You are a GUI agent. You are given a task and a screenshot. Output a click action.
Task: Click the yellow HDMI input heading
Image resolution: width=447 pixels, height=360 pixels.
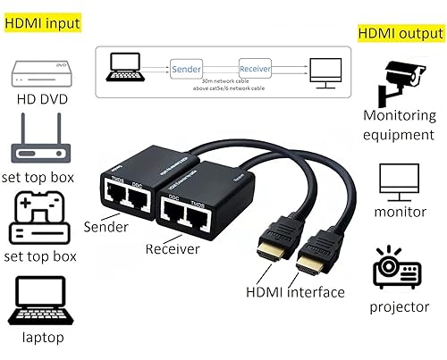(x=41, y=22)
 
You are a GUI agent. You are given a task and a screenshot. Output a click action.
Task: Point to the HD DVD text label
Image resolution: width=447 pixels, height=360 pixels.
(x=39, y=98)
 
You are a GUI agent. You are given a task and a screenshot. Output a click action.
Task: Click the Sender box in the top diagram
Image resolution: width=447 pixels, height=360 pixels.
(x=185, y=68)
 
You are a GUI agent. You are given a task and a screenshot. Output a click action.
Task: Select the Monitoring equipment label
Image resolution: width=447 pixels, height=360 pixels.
(x=399, y=124)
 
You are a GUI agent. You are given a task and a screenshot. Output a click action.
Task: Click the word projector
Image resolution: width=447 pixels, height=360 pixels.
(x=400, y=307)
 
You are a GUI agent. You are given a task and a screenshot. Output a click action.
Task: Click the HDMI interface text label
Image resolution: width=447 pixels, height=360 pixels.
(x=296, y=292)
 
